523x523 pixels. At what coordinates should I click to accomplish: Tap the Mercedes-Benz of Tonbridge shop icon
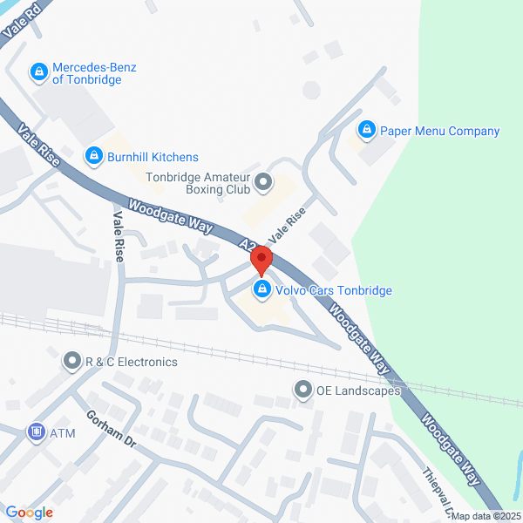[39, 72]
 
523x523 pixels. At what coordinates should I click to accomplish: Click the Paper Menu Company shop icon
[368, 131]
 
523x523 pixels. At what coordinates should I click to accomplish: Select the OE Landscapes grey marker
[302, 390]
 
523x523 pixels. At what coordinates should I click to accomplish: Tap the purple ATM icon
[37, 432]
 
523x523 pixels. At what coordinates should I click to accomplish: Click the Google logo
[29, 513]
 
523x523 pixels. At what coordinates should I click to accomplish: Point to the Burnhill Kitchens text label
[153, 157]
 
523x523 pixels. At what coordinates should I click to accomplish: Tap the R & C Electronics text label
[131, 362]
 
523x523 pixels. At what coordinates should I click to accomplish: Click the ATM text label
[63, 433]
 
